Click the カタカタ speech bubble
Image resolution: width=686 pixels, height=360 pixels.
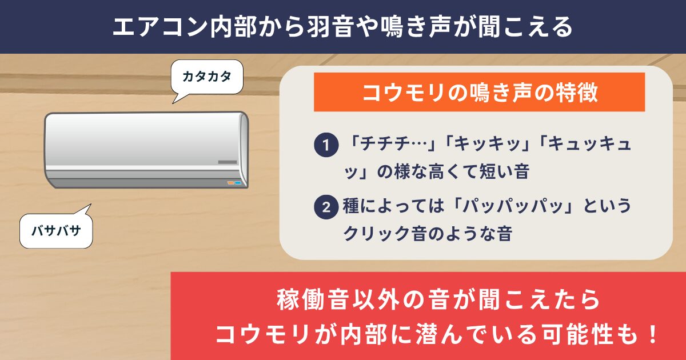coord(207,77)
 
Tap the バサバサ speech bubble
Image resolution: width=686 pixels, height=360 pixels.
coord(56,230)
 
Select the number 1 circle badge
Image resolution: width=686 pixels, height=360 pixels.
coord(326,145)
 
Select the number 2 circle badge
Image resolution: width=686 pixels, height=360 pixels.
coord(326,207)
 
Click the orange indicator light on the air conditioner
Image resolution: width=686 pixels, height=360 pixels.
coord(230,183)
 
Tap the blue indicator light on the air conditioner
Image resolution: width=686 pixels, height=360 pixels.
coord(238,183)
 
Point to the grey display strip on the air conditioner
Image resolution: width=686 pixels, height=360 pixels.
coord(228,162)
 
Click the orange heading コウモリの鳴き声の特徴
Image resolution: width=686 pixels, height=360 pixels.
coord(480,92)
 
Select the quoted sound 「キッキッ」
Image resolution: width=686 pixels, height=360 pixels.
coord(487,143)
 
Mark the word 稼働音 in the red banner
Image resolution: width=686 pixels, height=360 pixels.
coord(312,299)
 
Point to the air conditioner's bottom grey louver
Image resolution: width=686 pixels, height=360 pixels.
coord(146,183)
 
